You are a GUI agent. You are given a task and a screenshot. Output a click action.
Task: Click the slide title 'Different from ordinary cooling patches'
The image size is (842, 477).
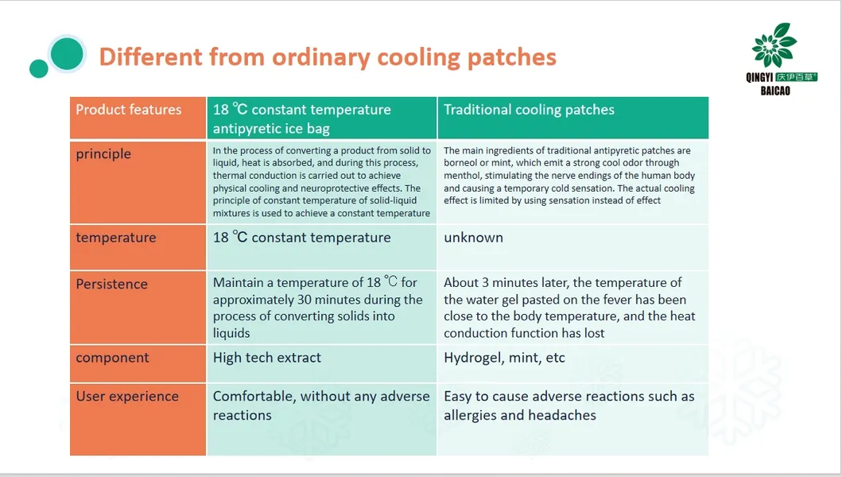click(327, 57)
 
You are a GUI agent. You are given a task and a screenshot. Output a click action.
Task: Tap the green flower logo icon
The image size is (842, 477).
click(774, 45)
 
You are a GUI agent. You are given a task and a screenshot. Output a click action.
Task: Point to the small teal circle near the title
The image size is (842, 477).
click(38, 68)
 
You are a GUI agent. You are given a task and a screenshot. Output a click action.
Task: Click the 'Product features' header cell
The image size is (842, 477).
click(129, 110)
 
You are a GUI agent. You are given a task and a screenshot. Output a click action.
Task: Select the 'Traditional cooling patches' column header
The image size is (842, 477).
click(529, 110)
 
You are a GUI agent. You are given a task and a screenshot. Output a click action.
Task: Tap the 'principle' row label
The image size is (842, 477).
click(103, 153)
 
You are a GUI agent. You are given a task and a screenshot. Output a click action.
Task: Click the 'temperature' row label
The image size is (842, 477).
click(116, 238)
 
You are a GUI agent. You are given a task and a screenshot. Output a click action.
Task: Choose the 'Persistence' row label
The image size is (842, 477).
click(111, 284)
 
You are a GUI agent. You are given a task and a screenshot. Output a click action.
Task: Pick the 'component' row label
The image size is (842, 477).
click(112, 358)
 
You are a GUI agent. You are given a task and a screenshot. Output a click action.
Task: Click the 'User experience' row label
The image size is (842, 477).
click(127, 396)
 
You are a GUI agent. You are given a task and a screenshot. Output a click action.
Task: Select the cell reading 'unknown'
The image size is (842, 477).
click(473, 238)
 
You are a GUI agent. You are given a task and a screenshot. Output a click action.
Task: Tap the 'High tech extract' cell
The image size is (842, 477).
click(267, 358)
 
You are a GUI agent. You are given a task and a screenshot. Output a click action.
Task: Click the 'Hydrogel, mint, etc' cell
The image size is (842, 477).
click(504, 358)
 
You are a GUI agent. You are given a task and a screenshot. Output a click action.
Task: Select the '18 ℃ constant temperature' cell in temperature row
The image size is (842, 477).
click(301, 238)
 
